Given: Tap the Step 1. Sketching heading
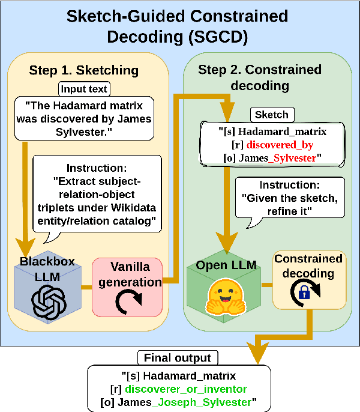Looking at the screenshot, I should point(83,70).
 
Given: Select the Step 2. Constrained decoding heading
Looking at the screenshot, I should point(259,77).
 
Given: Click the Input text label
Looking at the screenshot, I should point(83,89).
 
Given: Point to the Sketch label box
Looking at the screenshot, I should point(272,114).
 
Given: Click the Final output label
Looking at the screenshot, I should point(177,359).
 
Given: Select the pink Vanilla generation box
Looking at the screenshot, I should point(127,288).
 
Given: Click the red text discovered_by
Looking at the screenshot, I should point(281,145).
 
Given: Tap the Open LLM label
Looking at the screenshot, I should point(227,265).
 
